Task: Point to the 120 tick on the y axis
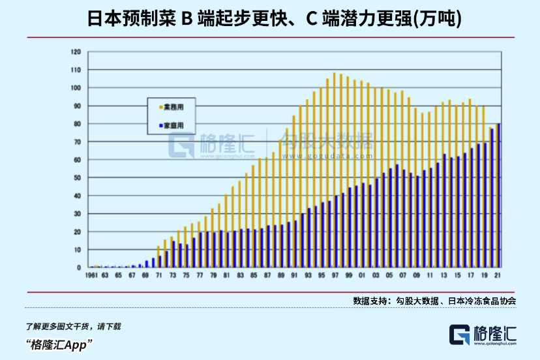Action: (x=76, y=52)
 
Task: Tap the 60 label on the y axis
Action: (x=77, y=160)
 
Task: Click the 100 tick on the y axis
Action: (x=76, y=88)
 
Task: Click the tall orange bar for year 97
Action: (x=334, y=170)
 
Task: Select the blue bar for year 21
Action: (x=499, y=196)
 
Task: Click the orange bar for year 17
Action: (x=470, y=183)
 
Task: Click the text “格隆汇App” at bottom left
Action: (x=59, y=344)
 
